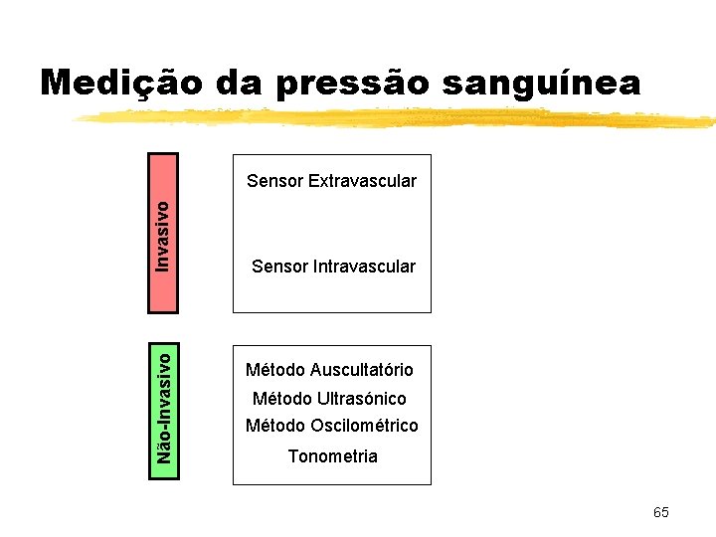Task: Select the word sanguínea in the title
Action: (542, 84)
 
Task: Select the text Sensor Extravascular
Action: (331, 181)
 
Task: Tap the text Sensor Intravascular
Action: (333, 267)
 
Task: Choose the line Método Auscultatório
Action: (329, 370)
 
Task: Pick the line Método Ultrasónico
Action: (329, 399)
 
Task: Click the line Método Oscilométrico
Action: (332, 426)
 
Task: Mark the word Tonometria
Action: (332, 456)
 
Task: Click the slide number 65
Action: (661, 512)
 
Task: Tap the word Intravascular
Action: (365, 267)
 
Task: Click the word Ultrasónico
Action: (361, 399)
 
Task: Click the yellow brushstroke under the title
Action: (398, 118)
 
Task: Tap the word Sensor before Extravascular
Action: (274, 181)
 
